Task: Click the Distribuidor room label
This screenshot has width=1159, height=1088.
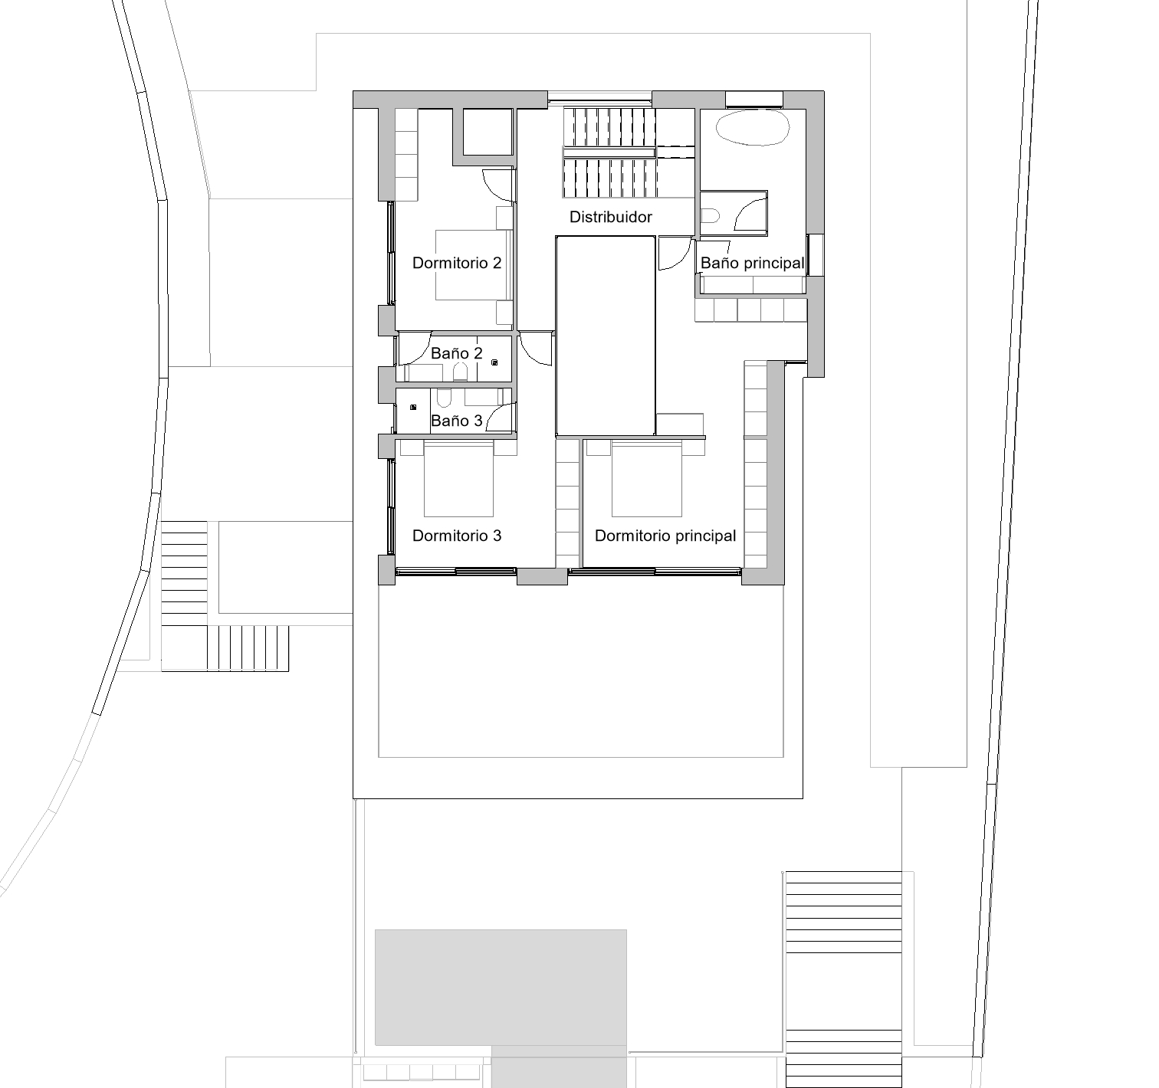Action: [x=610, y=217]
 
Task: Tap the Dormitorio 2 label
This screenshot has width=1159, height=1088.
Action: [x=457, y=263]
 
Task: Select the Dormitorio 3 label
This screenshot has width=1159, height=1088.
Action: [x=457, y=536]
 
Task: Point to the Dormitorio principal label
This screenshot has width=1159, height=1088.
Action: [x=665, y=536]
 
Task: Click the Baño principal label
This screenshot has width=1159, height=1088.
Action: [x=752, y=263]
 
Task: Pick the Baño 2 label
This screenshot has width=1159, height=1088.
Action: [x=456, y=353]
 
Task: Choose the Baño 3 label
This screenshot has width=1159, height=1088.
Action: [x=456, y=421]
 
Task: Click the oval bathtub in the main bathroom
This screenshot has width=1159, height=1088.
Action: [x=753, y=127]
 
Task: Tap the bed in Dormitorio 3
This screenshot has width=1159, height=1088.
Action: [x=458, y=479]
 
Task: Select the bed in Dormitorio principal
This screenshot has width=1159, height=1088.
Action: [x=647, y=479]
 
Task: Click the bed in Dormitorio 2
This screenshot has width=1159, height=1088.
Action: [x=473, y=265]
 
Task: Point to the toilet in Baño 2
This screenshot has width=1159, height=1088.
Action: [x=461, y=373]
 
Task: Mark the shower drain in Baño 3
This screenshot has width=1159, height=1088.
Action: [x=413, y=407]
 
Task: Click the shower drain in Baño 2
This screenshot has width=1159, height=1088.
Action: [x=495, y=363]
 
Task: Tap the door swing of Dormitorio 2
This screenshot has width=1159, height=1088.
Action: [x=497, y=185]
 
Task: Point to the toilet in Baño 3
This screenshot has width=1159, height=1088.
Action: [x=444, y=398]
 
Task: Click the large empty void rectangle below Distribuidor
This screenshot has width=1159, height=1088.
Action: [x=605, y=336]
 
